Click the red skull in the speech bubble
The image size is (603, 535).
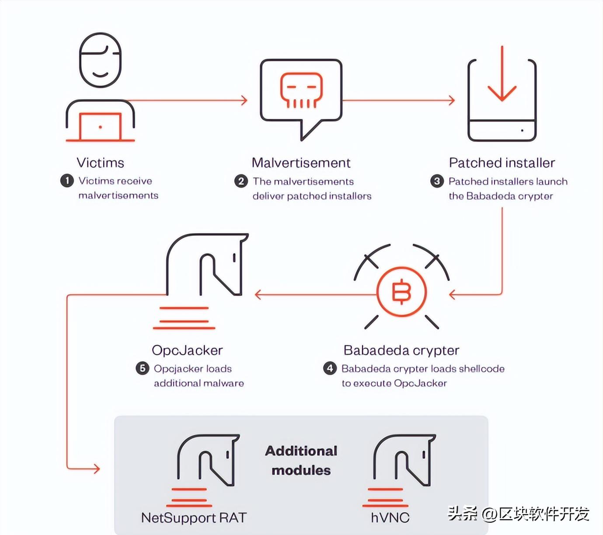[301, 90]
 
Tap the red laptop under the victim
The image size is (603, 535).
[100, 127]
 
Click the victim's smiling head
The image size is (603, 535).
[100, 60]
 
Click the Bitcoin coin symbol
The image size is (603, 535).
[401, 292]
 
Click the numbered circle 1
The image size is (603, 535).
[67, 181]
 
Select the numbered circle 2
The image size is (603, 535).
[241, 181]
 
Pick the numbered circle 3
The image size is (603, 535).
[437, 181]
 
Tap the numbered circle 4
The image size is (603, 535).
[330, 368]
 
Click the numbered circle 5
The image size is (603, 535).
[142, 368]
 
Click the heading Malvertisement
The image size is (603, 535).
[301, 163]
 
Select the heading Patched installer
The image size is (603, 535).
[502, 163]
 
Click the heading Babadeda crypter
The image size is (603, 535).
[401, 350]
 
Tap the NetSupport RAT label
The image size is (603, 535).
[194, 518]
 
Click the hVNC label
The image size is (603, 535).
[390, 518]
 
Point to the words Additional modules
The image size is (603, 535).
[301, 460]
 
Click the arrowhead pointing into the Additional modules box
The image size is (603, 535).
[96, 469]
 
